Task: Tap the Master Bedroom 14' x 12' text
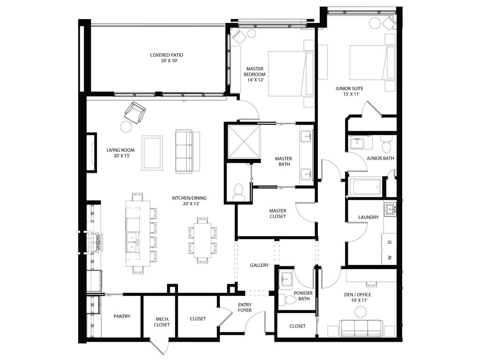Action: pyautogui.click(x=255, y=74)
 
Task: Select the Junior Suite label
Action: pyautogui.click(x=349, y=91)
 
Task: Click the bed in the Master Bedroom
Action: pyautogui.click(x=290, y=74)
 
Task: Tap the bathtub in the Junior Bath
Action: pyautogui.click(x=365, y=187)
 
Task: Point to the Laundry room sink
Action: pyautogui.click(x=390, y=210)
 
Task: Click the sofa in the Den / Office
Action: pyautogui.click(x=360, y=328)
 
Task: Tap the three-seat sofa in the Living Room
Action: pyautogui.click(x=184, y=151)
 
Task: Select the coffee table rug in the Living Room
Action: pyautogui.click(x=152, y=152)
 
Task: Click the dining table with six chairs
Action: pyautogui.click(x=203, y=239)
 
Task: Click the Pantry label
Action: pyautogui.click(x=122, y=316)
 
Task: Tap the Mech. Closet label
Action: pyautogui.click(x=162, y=321)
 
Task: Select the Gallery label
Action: pyautogui.click(x=259, y=265)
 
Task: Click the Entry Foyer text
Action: pyautogui.click(x=244, y=307)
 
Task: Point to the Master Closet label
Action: pyautogui.click(x=277, y=213)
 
